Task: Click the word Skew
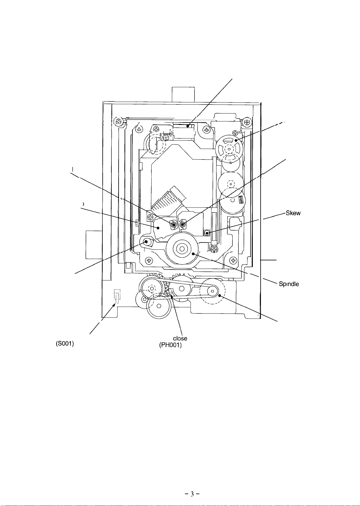point(293,213)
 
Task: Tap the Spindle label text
point(289,284)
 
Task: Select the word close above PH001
point(180,338)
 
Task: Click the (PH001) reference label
point(171,345)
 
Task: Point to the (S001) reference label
point(65,344)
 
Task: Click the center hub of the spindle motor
point(182,249)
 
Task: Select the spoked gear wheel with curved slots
point(229,149)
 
